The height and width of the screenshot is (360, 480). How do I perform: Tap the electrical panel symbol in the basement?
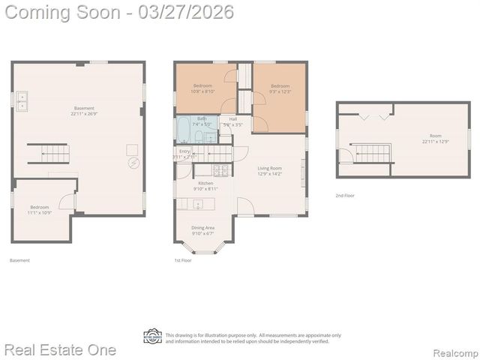pos(133,163)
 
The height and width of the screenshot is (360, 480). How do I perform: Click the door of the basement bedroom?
pos(67,201)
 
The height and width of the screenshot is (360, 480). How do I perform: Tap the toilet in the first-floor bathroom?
pos(210,136)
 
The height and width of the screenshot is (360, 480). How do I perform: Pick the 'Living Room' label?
pos(269,168)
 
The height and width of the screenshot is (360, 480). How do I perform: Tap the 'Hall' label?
pos(233,118)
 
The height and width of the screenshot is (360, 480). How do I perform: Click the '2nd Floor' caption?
pos(345,195)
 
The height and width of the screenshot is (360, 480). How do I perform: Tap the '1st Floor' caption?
pos(183,260)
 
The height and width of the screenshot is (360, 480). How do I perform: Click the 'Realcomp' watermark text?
pos(454,351)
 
